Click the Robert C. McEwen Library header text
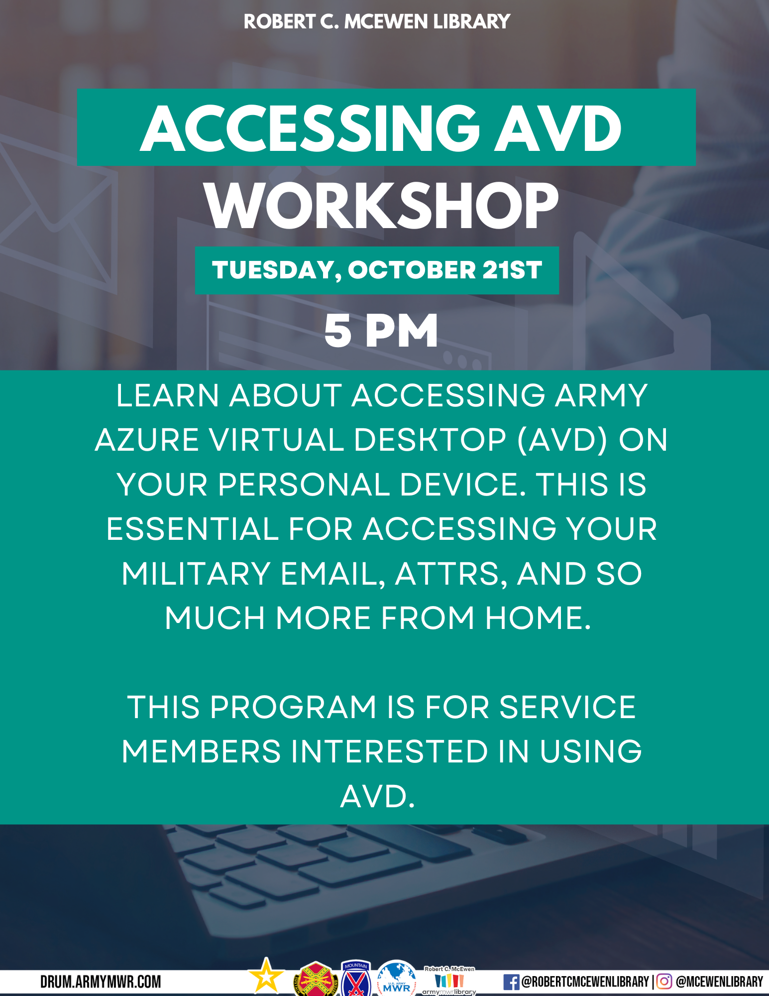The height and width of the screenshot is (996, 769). click(377, 22)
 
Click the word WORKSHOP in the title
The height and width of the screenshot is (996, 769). click(382, 206)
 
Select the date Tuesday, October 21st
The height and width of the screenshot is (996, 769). click(377, 270)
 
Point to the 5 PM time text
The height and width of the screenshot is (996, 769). click(381, 331)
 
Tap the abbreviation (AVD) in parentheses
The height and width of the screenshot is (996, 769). click(562, 440)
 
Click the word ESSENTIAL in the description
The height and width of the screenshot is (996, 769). click(192, 529)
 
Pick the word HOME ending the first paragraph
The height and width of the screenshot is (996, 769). click(538, 618)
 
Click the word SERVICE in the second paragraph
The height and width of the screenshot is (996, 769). click(567, 707)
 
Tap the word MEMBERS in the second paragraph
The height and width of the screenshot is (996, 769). click(201, 751)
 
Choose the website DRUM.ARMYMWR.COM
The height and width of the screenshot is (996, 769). click(101, 982)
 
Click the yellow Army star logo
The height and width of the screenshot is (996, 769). click(266, 975)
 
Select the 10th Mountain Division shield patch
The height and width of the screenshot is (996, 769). click(356, 979)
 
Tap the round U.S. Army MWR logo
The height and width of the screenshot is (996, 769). click(397, 979)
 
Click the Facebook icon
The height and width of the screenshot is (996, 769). click(511, 982)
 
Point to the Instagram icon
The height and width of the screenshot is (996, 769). click(664, 982)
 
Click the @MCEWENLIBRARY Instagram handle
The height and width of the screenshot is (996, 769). click(719, 982)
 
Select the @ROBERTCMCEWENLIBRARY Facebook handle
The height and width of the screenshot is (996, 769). click(585, 982)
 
